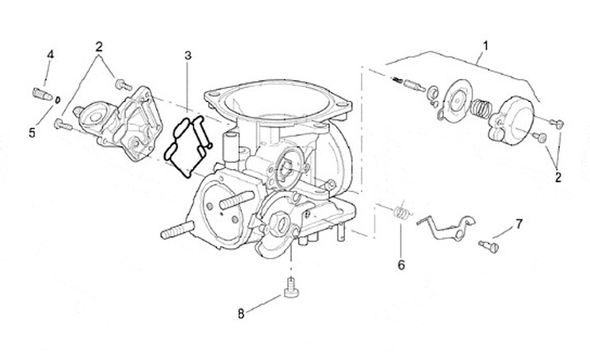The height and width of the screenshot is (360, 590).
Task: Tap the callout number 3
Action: tap(188, 55)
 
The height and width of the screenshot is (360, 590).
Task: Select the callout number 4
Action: tap(50, 54)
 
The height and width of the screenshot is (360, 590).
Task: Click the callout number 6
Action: tap(401, 265)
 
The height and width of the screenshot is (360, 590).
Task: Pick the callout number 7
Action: tap(518, 222)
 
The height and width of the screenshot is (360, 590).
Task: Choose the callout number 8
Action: tap(240, 312)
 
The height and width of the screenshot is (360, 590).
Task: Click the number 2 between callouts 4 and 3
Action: tap(98, 46)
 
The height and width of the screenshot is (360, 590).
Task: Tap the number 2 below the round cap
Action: tap(559, 175)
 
